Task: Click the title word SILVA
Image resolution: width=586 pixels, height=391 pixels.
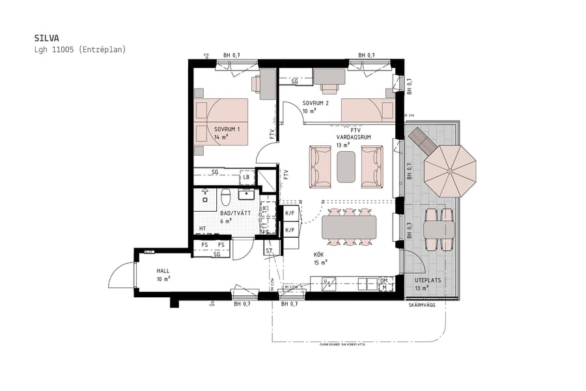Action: pyautogui.click(x=46, y=38)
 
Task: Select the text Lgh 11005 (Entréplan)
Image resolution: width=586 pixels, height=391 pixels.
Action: pyautogui.click(x=79, y=50)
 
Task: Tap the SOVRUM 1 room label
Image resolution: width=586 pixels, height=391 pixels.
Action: pyautogui.click(x=227, y=129)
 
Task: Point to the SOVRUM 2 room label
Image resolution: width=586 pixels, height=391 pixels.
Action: pyautogui.click(x=316, y=104)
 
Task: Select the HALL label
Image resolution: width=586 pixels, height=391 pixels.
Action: pyautogui.click(x=163, y=270)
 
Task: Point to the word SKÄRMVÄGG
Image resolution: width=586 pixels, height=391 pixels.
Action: pyautogui.click(x=422, y=305)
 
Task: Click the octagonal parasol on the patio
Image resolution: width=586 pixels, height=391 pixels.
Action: pyautogui.click(x=450, y=171)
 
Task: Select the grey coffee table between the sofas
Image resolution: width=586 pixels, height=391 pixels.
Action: pyautogui.click(x=346, y=167)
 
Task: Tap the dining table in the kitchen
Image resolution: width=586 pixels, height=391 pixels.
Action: pyautogui.click(x=349, y=227)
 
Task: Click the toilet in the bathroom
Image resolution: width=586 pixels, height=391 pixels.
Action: pyautogui.click(x=226, y=196)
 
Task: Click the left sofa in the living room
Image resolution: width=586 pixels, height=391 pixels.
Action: pyautogui.click(x=320, y=167)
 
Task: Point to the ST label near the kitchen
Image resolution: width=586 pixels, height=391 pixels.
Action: pyautogui.click(x=268, y=250)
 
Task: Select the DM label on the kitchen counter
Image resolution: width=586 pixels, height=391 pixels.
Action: pyautogui.click(x=384, y=281)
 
